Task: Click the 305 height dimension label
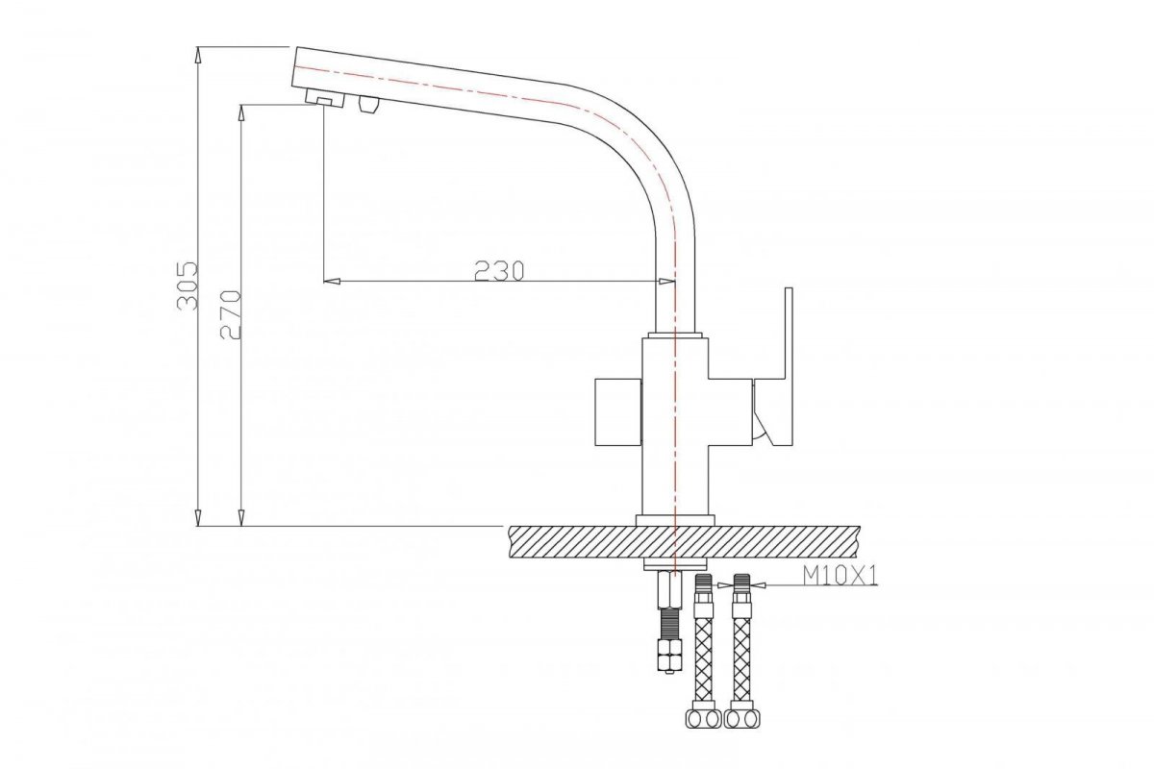point(187,285)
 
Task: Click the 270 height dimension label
point(230,314)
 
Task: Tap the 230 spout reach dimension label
point(499,271)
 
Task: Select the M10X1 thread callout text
point(840,576)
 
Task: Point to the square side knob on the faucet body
point(618,411)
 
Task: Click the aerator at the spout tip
point(325,97)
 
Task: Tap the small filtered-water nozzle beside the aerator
point(369,104)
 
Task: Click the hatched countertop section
point(684,541)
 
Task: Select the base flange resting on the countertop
point(675,520)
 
